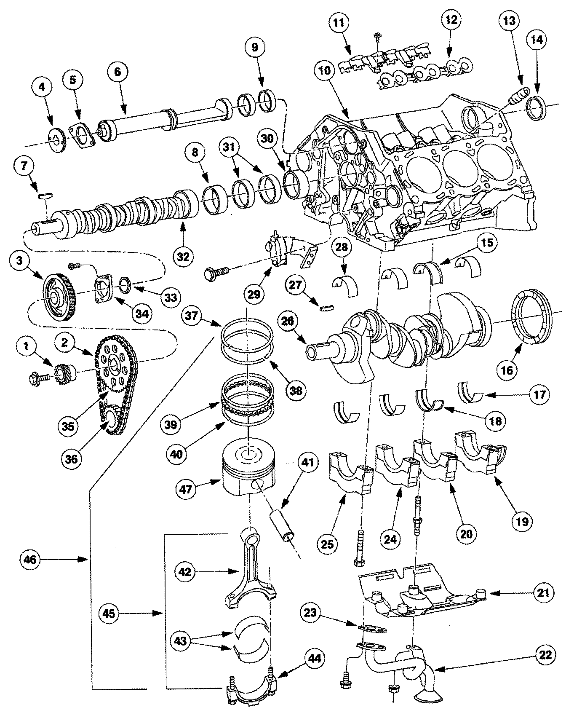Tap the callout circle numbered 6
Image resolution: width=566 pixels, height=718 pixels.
117,71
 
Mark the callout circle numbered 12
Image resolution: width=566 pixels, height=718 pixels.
451,20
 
